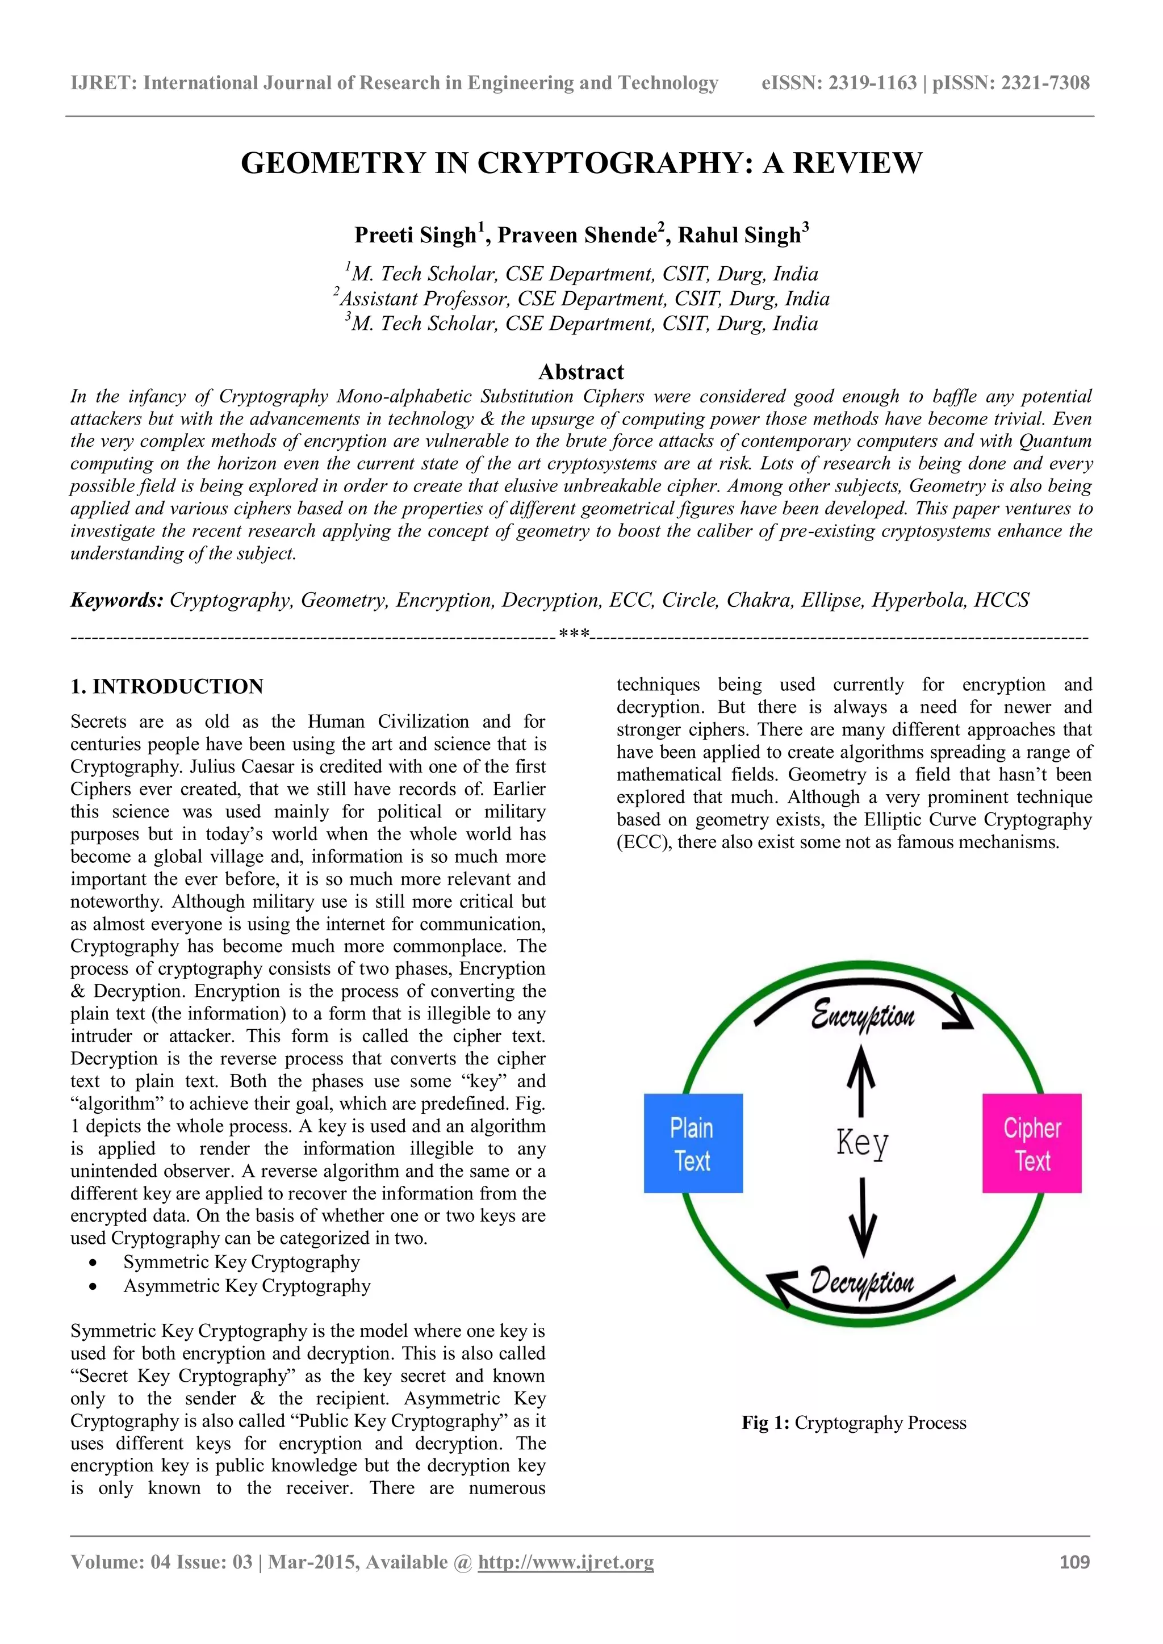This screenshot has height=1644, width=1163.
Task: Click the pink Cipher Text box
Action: (1031, 1143)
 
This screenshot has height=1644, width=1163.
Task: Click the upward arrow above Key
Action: (861, 1080)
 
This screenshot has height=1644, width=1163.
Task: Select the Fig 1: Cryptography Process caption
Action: (854, 1423)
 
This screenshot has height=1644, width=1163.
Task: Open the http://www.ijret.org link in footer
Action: (566, 1562)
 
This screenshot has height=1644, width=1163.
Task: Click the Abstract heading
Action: (581, 372)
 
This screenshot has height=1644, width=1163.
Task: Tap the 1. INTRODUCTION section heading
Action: (167, 686)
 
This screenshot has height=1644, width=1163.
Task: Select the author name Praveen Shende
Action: (577, 235)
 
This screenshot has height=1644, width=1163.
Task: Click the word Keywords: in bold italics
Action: (117, 600)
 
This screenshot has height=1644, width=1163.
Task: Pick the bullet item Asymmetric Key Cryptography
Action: (247, 1286)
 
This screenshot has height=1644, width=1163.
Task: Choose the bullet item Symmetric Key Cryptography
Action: (241, 1261)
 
